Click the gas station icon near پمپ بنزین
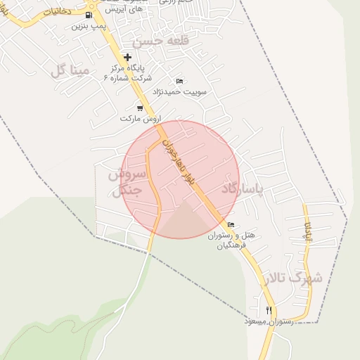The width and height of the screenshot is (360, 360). click(x=89, y=15)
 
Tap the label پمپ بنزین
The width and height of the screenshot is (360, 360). click(x=89, y=26)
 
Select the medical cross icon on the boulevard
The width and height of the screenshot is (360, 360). click(x=127, y=57)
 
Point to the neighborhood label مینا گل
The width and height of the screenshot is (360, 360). click(x=70, y=70)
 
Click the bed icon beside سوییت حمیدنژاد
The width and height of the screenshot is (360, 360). click(x=179, y=82)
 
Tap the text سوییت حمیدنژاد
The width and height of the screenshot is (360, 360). click(x=181, y=91)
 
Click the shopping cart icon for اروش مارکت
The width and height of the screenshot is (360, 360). click(x=140, y=108)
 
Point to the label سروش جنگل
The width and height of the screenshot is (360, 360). click(x=127, y=181)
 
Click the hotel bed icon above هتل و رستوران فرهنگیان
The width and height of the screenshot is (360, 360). click(x=231, y=225)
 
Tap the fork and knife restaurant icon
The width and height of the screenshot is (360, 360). click(x=269, y=310)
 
